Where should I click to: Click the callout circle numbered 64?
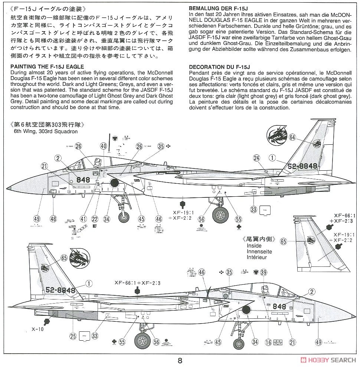292,137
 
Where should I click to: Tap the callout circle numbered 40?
104,146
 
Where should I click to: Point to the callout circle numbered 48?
53,219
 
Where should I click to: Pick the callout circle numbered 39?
264,273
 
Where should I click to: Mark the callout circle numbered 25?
73,336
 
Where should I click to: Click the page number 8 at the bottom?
180,360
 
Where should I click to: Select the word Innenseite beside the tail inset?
259,252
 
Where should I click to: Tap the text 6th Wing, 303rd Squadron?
46,131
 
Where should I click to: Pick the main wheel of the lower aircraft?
143,340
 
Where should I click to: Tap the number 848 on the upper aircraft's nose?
83,180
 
